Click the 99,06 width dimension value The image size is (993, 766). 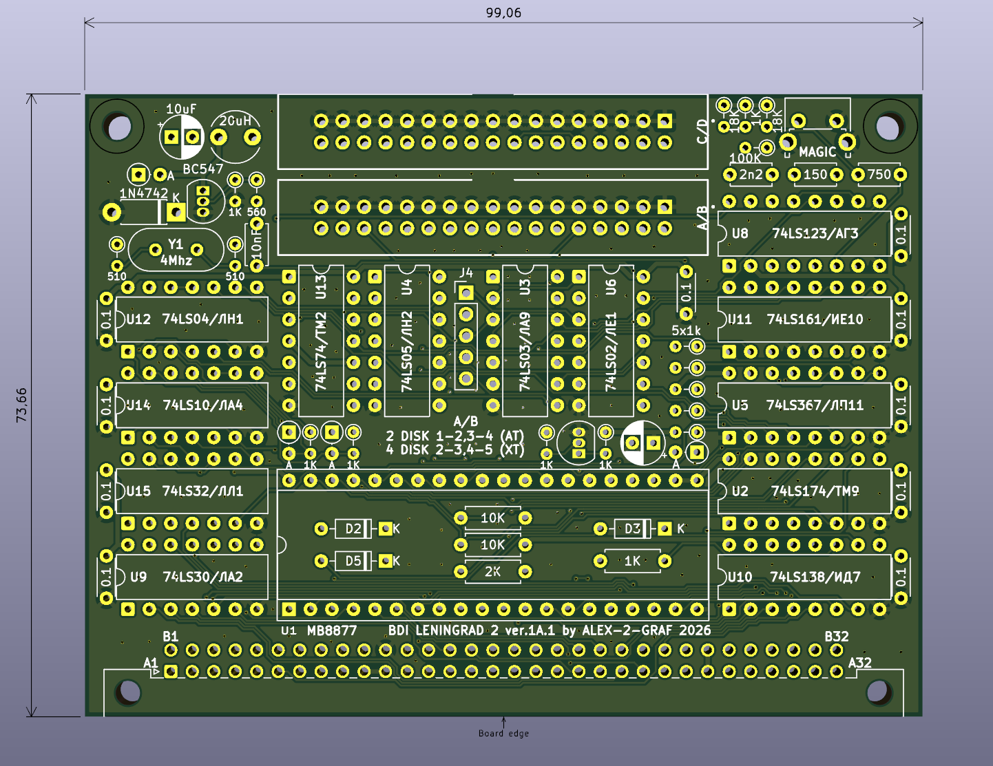click(x=503, y=13)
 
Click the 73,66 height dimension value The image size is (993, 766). click(x=21, y=405)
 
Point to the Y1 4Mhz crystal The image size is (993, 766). click(x=176, y=252)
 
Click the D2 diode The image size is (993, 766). click(x=353, y=529)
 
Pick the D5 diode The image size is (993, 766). click(x=353, y=561)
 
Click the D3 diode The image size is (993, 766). click(x=632, y=529)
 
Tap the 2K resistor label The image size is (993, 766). click(x=492, y=571)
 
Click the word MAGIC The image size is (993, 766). click(x=817, y=151)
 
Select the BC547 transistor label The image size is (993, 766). click(x=202, y=169)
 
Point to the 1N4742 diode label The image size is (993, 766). click(x=143, y=193)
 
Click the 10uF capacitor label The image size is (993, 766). click(x=181, y=109)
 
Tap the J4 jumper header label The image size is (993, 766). click(x=466, y=273)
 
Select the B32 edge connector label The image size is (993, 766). click(x=837, y=637)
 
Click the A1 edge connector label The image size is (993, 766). click(x=151, y=663)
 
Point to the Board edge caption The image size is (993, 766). click(x=503, y=734)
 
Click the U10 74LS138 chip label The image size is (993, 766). click(x=794, y=577)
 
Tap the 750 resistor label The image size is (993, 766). click(x=879, y=175)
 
